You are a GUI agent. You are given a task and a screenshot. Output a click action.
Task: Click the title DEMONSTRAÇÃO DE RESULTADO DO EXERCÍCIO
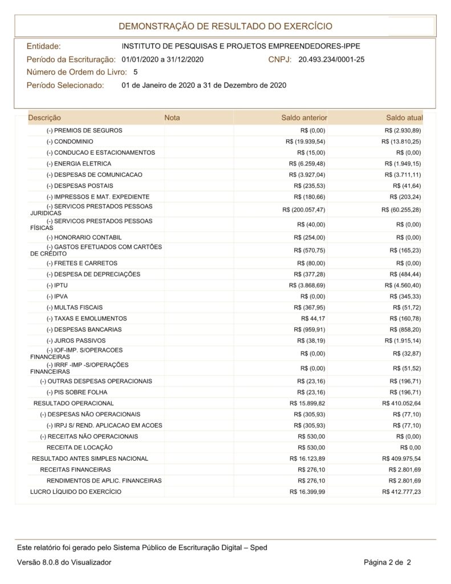[x=225, y=26]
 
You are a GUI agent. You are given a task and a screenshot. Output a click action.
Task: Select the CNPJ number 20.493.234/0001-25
[x=331, y=59]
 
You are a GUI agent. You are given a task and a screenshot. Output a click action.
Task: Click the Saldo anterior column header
[x=304, y=118]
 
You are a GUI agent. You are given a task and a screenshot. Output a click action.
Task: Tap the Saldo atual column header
[x=404, y=118]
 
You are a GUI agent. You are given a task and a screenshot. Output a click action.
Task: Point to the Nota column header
[x=172, y=118]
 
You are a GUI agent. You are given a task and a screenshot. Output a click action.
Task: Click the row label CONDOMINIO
[x=70, y=141]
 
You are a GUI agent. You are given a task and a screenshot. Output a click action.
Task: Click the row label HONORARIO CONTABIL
[x=84, y=237]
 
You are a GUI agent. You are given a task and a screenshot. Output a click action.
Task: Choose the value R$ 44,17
[x=313, y=318]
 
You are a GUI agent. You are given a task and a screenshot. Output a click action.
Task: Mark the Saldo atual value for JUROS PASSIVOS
[x=405, y=340]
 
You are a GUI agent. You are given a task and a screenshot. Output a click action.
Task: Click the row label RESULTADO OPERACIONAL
[x=74, y=403]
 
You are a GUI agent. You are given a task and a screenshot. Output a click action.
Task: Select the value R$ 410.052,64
[x=401, y=403]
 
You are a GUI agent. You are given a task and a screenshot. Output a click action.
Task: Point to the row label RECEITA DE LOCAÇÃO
[x=80, y=448]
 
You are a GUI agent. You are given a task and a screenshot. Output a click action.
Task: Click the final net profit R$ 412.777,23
[x=401, y=492]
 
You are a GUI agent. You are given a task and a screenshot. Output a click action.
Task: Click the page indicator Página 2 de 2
[x=387, y=562]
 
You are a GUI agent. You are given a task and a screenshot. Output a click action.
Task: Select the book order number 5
[x=135, y=72]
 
